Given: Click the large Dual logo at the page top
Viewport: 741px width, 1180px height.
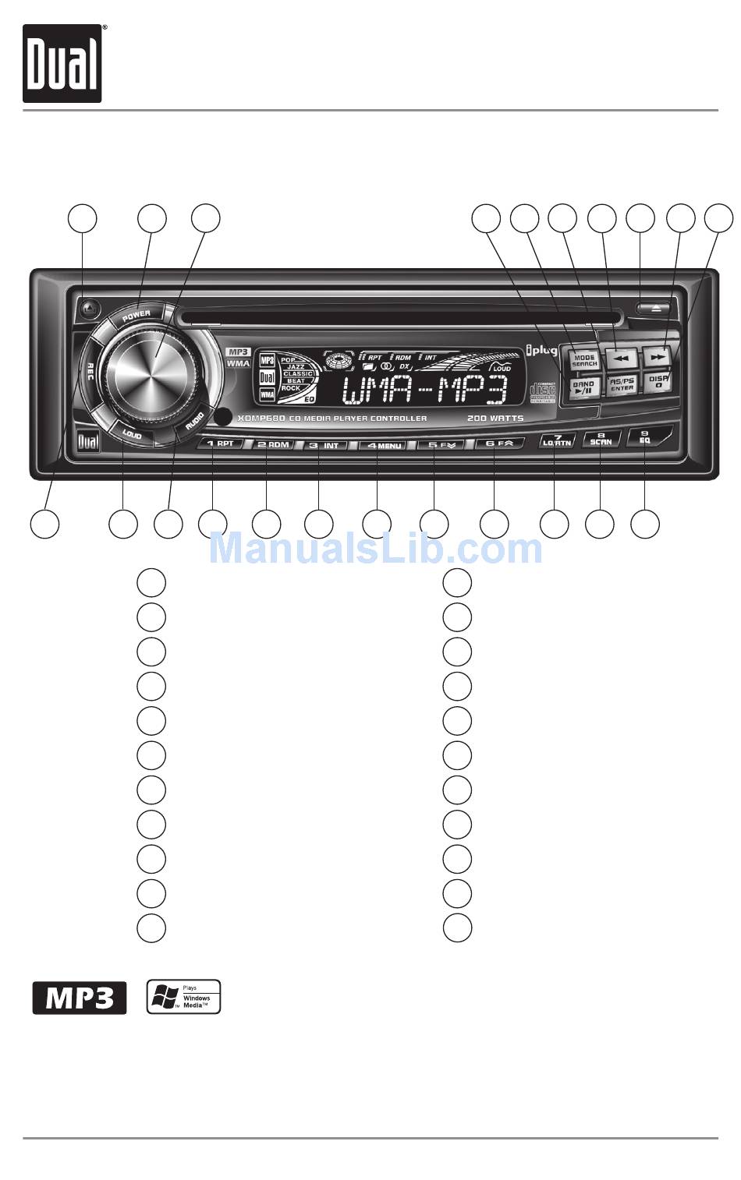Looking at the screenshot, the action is pyautogui.click(x=62, y=64).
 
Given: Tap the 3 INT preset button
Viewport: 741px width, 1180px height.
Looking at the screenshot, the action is pyautogui.click(x=322, y=445).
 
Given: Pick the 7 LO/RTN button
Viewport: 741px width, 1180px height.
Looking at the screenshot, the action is pyautogui.click(x=557, y=440).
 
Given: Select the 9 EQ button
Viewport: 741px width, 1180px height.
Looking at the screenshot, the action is pyautogui.click(x=645, y=437).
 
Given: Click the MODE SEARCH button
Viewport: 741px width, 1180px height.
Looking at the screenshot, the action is pyautogui.click(x=584, y=361).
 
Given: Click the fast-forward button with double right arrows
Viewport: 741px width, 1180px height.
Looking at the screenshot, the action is pyautogui.click(x=658, y=357).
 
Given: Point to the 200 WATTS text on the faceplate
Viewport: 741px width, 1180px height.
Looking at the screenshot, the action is pyautogui.click(x=495, y=419).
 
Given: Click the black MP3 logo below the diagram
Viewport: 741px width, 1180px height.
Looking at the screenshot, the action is pyautogui.click(x=79, y=998).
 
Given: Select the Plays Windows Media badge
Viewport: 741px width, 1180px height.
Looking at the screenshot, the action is pyautogui.click(x=184, y=997).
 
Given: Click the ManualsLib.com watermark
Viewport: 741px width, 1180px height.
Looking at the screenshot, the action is pyautogui.click(x=376, y=549).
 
